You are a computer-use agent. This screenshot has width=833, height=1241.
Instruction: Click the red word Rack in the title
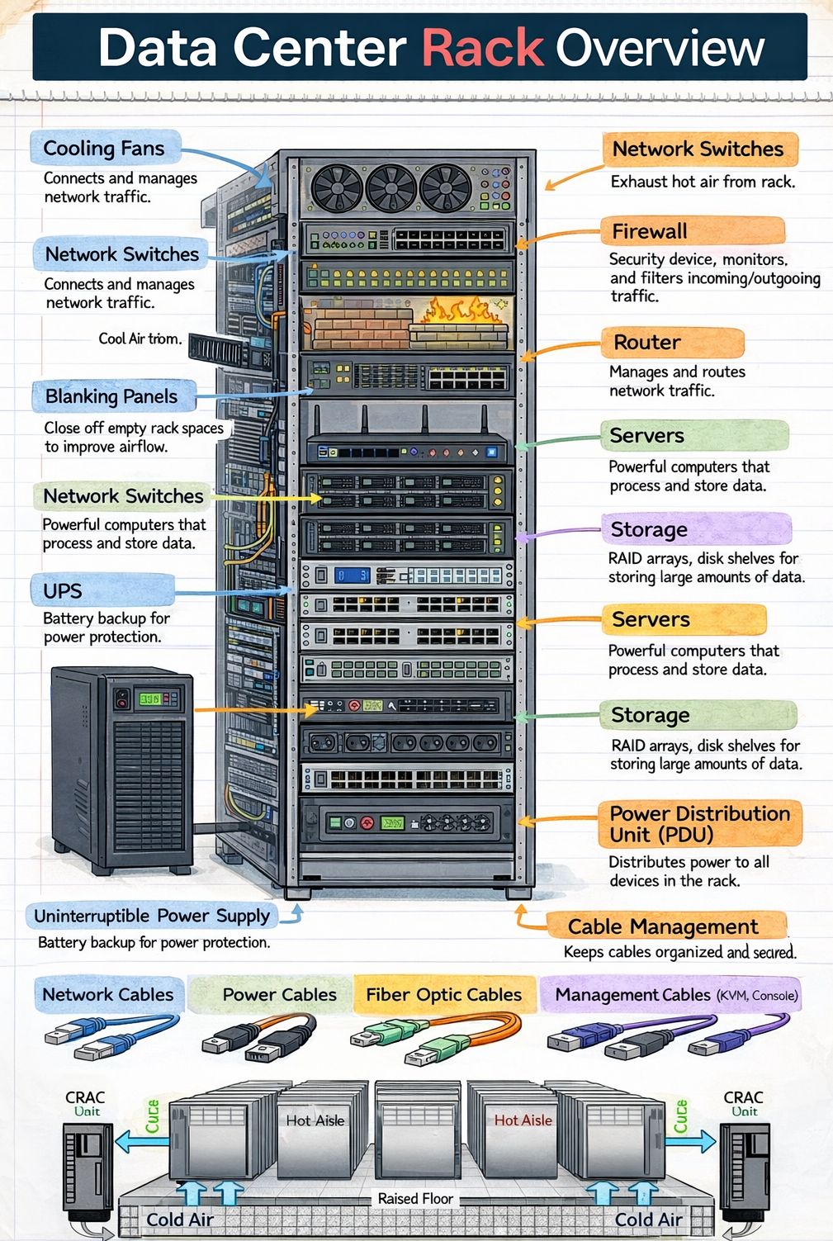click(483, 48)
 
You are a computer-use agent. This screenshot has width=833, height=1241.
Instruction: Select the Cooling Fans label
click(104, 149)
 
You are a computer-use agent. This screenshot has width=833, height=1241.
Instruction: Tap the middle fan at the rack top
click(391, 187)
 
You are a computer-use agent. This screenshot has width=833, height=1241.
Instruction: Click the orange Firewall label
click(650, 231)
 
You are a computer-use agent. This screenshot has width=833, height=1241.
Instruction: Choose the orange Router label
click(647, 342)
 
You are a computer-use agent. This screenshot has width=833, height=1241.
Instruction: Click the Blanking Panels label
click(111, 396)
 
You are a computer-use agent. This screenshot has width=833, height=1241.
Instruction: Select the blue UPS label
click(63, 590)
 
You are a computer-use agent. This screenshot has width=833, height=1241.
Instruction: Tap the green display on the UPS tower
click(149, 699)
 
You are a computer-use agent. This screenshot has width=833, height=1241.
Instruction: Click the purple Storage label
click(649, 529)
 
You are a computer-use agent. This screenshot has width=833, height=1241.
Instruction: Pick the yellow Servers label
click(651, 619)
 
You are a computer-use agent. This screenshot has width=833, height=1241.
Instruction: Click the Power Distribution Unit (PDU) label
click(700, 823)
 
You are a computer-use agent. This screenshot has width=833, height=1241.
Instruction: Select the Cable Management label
click(663, 926)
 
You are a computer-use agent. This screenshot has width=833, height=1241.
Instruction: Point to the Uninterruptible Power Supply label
click(152, 916)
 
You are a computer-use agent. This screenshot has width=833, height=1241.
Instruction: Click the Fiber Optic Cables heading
click(444, 995)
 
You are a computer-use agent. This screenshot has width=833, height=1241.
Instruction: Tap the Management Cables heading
click(632, 995)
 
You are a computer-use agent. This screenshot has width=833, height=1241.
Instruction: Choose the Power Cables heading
click(279, 995)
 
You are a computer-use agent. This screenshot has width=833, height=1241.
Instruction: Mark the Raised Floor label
click(415, 1198)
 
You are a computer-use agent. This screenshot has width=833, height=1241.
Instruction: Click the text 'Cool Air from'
click(140, 339)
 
